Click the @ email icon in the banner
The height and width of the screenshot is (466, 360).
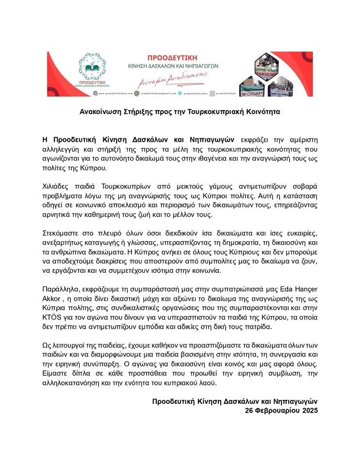[x=136, y=92]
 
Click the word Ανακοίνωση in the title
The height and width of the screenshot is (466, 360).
[x=102, y=111]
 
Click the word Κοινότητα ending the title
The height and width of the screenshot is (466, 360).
[x=262, y=111]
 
